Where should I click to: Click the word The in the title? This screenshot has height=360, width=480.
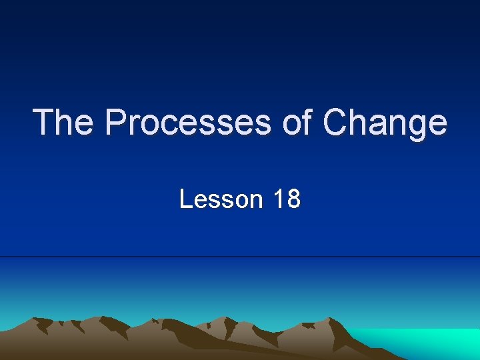tap(63, 123)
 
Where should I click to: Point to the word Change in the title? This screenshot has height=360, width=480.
tap(385, 123)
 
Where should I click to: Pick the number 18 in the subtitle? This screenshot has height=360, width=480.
tap(287, 199)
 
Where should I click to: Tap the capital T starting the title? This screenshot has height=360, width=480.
tap(43, 123)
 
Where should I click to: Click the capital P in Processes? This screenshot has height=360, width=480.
tap(116, 123)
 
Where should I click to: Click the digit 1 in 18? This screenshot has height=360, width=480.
tap(279, 199)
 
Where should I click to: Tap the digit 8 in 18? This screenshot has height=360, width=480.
tap(293, 199)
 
